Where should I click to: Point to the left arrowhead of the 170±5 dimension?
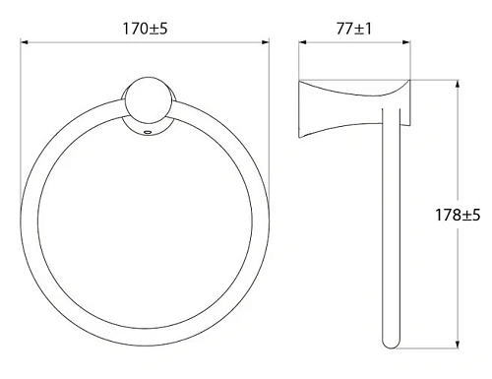(x=25, y=41)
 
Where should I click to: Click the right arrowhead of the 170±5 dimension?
(x=266, y=41)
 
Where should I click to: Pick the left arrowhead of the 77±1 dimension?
(x=302, y=41)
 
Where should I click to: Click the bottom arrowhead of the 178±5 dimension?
(x=456, y=345)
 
